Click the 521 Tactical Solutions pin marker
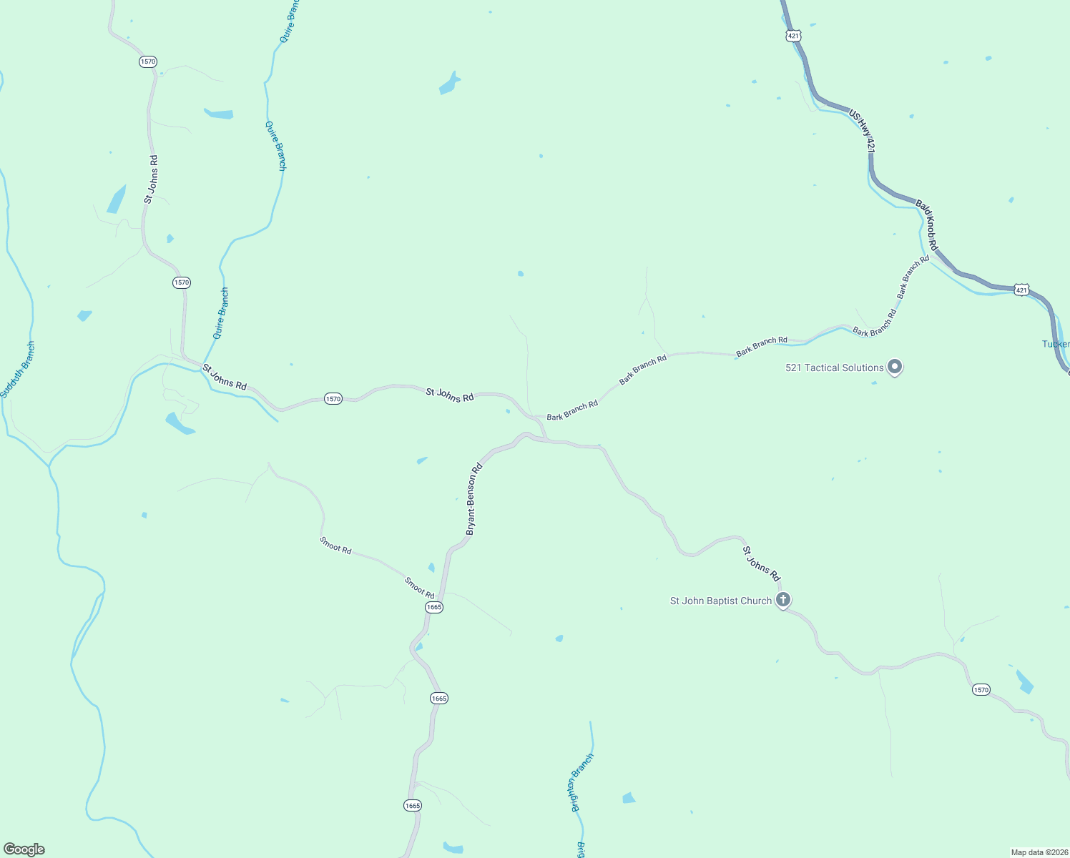click(x=894, y=368)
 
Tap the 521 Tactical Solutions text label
click(x=834, y=368)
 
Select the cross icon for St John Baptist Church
click(x=783, y=600)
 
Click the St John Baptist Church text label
click(x=720, y=601)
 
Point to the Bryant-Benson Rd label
click(x=474, y=499)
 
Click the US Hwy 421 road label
click(x=862, y=131)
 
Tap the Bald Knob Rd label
click(x=927, y=225)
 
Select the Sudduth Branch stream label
click(x=17, y=370)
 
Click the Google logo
click(x=24, y=849)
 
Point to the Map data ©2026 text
click(x=1039, y=852)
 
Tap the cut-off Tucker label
click(x=1056, y=344)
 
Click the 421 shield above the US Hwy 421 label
click(x=792, y=35)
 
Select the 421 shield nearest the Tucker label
click(x=1021, y=290)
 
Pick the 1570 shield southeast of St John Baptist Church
click(x=981, y=690)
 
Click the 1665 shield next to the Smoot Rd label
click(x=433, y=607)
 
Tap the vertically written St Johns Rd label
click(x=151, y=179)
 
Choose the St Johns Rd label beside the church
click(x=761, y=563)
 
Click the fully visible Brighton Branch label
click(x=582, y=783)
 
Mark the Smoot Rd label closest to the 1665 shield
click(x=419, y=588)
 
